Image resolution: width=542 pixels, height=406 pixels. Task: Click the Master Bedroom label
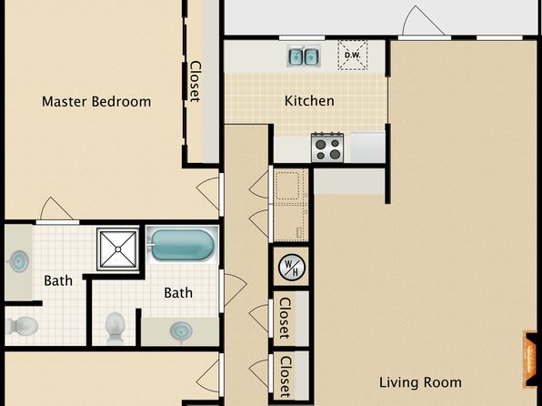coord(96,102)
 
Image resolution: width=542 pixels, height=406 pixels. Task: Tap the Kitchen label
coord(309,101)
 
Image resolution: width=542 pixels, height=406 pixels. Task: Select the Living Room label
coord(420,382)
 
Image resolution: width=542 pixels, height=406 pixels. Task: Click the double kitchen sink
coord(304,56)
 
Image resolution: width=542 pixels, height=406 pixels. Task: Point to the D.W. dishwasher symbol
coord(352,55)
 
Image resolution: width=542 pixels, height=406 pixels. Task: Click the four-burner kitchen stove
coord(327,147)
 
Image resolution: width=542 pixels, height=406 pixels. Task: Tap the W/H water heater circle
coord(292,268)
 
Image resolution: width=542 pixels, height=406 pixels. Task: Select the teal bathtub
coord(183,245)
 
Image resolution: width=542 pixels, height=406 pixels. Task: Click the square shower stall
coord(118,249)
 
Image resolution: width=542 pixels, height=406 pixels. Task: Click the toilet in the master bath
coord(22,325)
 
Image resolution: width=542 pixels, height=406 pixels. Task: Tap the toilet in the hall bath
coord(115,328)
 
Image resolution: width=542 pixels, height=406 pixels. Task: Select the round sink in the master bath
coord(18,262)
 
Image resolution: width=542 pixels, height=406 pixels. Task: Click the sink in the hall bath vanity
coord(181,331)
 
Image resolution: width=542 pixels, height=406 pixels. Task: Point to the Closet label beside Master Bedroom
coord(196,82)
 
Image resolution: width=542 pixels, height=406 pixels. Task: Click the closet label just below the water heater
coord(285,318)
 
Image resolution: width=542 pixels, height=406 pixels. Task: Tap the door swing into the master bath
coord(55,208)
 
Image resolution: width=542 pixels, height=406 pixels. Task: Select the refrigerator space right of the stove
coord(367,147)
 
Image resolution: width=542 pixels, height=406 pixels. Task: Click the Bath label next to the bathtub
coord(178,293)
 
